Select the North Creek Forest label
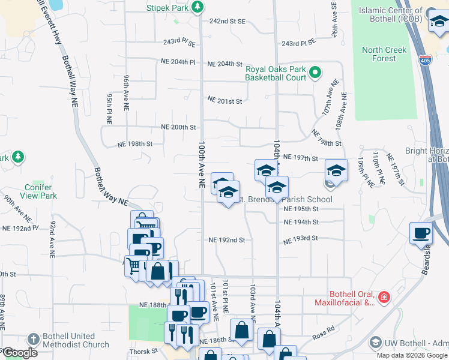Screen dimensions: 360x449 (379, 54)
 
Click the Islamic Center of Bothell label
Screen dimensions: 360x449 (390, 14)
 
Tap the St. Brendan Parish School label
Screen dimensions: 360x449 (285, 199)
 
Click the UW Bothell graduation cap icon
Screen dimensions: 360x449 (375, 343)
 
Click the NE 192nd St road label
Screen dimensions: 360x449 (227, 240)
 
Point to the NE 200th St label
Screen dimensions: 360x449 (179, 127)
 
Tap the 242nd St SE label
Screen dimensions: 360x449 (228, 21)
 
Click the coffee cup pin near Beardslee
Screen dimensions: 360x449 (421, 233)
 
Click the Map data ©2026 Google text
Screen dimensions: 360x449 (412, 355)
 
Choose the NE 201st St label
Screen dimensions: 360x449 (224, 101)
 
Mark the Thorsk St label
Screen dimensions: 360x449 (142, 351)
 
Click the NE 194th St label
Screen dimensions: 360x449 (301, 222)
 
